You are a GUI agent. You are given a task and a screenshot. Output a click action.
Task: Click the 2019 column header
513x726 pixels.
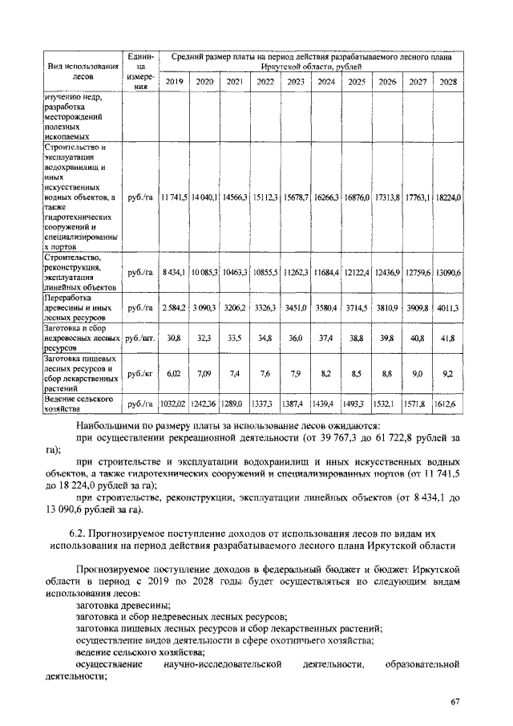pos(174,82)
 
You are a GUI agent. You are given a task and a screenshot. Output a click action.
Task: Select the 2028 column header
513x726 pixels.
pos(448,82)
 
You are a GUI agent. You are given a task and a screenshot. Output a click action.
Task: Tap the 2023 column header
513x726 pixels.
pos(296,82)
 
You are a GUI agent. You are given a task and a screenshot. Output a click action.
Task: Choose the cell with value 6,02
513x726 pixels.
pos(174,373)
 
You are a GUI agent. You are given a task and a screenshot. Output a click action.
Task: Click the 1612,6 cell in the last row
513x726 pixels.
pos(448,404)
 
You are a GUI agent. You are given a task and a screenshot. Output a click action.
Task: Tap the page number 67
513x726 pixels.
pos(454,703)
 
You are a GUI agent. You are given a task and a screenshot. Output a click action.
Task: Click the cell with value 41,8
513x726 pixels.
pos(448,339)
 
